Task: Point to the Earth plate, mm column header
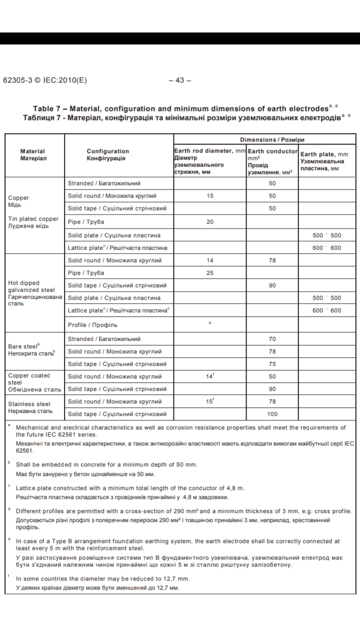point(324,154)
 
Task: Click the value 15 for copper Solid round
point(210,196)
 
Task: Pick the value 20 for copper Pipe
point(210,222)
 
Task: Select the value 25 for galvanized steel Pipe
point(210,273)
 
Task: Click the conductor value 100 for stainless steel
point(272,414)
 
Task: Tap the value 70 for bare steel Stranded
point(272,339)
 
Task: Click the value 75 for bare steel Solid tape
point(272,364)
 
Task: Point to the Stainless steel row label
point(29,403)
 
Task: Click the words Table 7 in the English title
point(48,108)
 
